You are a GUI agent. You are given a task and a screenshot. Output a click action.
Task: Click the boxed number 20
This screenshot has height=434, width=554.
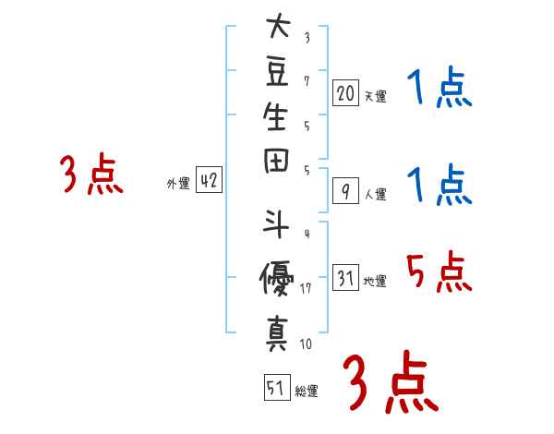click(345, 93)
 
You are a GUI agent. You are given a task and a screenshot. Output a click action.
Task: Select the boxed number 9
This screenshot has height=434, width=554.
click(345, 191)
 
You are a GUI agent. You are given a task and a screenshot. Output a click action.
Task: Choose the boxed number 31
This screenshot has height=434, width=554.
click(345, 278)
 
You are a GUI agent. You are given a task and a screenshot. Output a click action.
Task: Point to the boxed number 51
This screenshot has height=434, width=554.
click(275, 389)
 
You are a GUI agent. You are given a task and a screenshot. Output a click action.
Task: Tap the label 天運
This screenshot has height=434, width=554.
click(375, 96)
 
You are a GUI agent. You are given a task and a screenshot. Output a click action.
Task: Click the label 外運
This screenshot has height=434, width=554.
click(178, 184)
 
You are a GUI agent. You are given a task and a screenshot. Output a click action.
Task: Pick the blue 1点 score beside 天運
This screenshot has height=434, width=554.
click(439, 90)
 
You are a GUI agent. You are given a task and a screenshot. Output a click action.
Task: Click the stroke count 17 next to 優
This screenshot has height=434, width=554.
click(307, 288)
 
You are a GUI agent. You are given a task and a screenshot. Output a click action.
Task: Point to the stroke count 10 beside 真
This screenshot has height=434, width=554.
click(306, 344)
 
